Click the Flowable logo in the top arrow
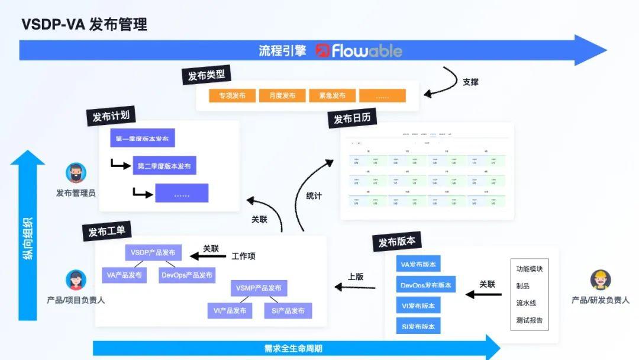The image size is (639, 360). [x=359, y=51]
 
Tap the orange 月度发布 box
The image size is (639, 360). [x=282, y=96]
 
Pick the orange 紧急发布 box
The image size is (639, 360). [x=332, y=96]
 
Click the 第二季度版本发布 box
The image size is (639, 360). [x=164, y=166]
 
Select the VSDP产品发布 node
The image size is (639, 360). [x=153, y=252]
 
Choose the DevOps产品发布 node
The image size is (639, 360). [x=187, y=275]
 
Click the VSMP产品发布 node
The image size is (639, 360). [x=259, y=288]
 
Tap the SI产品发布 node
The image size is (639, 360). [x=288, y=311]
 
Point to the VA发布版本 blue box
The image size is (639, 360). [x=418, y=265]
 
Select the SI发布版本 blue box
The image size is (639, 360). [x=418, y=326]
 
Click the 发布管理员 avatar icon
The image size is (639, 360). [x=76, y=173]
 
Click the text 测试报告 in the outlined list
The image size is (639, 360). [x=529, y=321]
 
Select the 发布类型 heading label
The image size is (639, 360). [x=206, y=75]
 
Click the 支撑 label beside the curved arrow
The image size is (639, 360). [x=470, y=82]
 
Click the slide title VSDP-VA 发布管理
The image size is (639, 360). [x=84, y=24]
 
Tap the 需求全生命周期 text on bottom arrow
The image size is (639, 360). [x=293, y=348]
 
